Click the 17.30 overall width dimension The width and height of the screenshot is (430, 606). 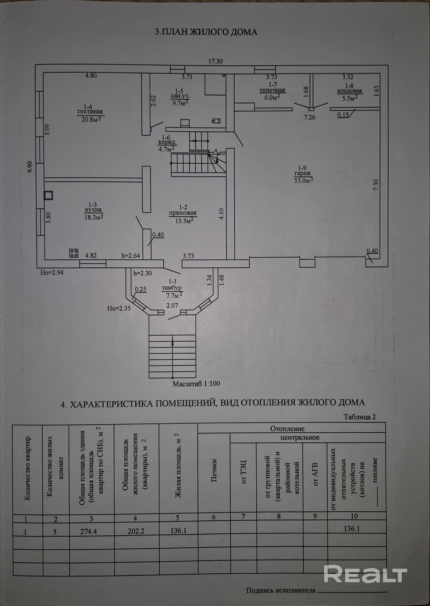[x=215, y=61]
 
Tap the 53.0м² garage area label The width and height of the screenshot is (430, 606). [x=304, y=181]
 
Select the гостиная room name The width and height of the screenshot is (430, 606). [x=90, y=112]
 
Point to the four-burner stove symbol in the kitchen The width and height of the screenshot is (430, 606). [x=74, y=253]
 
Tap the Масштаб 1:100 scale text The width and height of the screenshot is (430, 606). [x=196, y=383]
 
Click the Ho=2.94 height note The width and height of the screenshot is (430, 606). [x=52, y=272]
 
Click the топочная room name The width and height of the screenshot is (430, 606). [x=272, y=90]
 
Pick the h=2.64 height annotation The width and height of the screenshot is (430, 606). [x=130, y=256]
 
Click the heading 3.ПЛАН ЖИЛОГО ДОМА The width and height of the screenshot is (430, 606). [x=206, y=32]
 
